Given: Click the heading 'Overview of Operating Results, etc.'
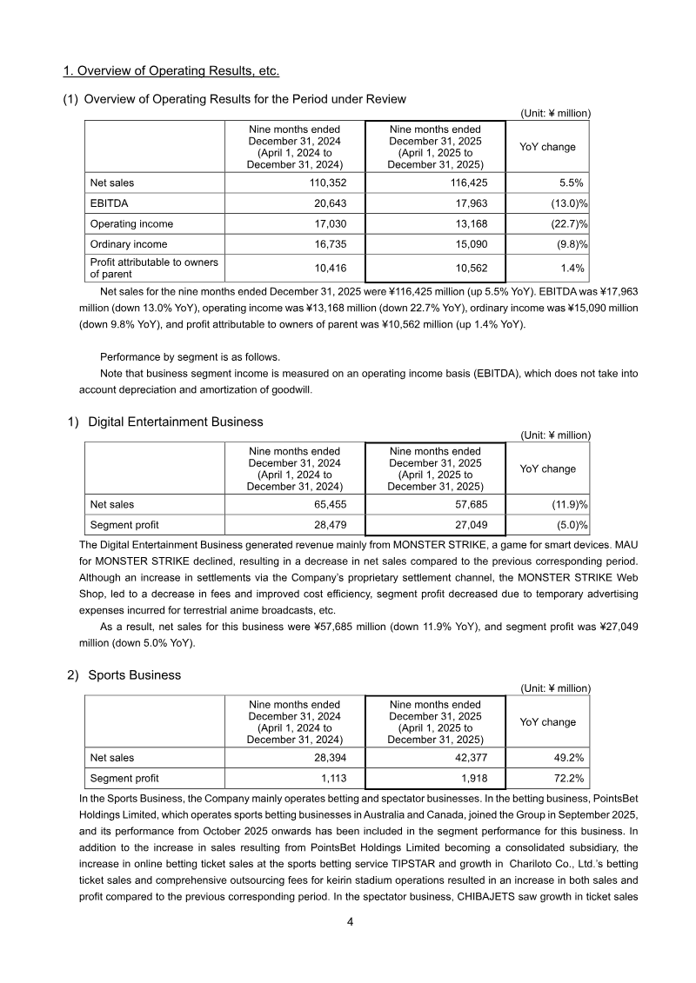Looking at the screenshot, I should point(171,70).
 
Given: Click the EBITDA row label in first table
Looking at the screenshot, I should point(107,204).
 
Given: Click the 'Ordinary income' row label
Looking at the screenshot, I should point(129,244).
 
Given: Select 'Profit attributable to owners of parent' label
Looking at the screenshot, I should point(153,268).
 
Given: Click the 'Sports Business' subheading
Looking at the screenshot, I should point(134,674).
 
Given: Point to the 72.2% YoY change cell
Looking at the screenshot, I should point(565,778).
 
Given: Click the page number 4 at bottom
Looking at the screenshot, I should point(349,922).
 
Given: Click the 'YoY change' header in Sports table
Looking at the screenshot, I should point(547,722).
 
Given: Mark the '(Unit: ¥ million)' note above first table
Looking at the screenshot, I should point(555,113).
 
